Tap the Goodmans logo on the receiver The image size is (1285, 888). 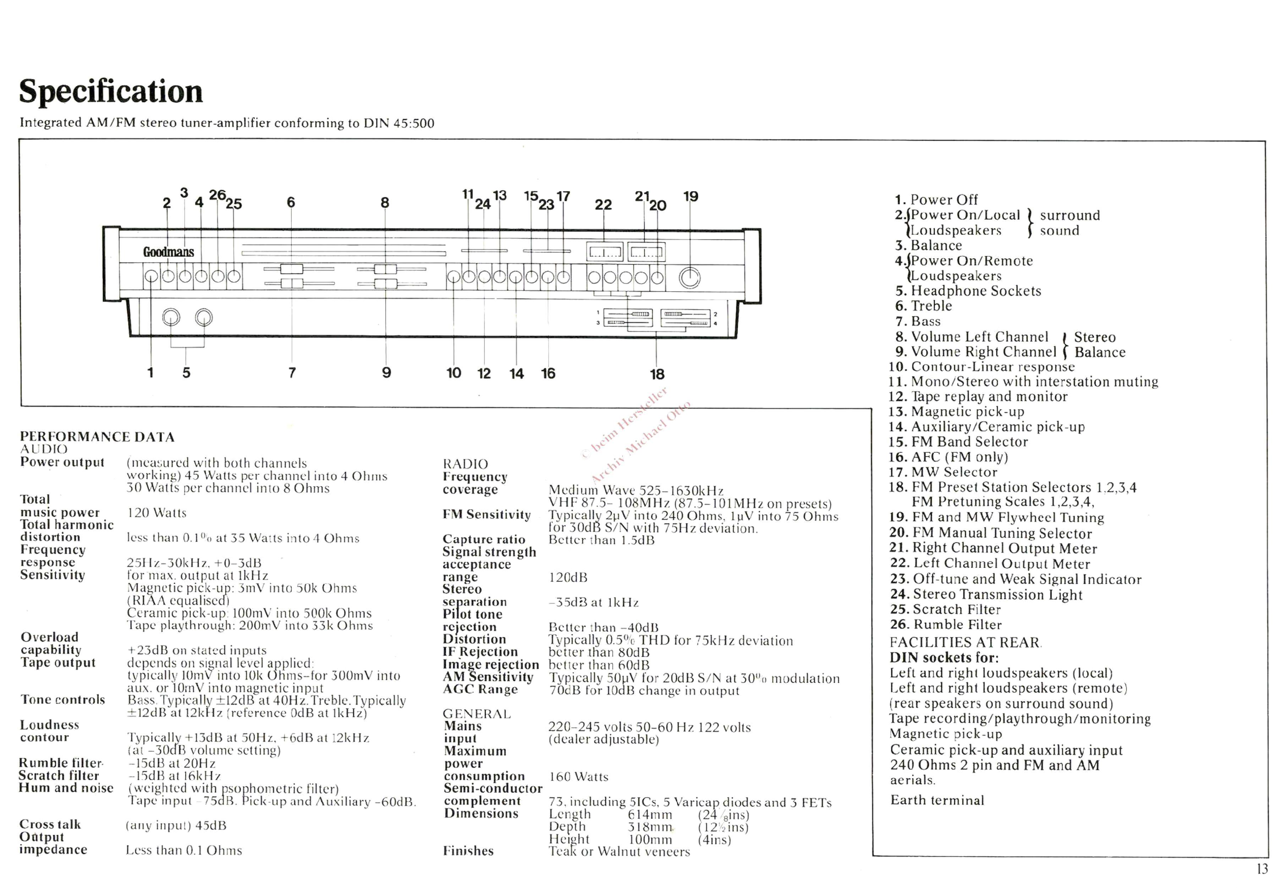coord(169,252)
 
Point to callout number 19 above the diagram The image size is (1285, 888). coord(690,196)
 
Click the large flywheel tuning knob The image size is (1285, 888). coord(689,278)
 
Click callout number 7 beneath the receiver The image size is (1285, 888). coord(292,372)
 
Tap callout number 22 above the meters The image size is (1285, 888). coord(603,205)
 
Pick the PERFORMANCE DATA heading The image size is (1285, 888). coord(97,437)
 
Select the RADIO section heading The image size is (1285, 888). coord(465,464)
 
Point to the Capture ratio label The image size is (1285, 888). coord(484,539)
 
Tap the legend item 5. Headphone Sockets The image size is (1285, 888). coord(968,291)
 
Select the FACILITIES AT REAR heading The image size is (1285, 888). coord(965,643)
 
